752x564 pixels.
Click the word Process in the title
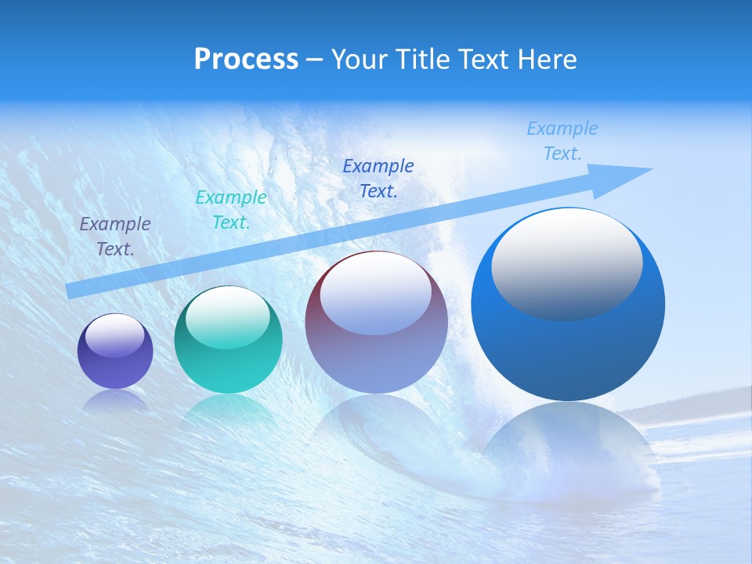[246, 59]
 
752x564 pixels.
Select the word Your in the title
[358, 59]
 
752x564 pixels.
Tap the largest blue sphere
[568, 345]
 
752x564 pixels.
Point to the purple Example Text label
[115, 236]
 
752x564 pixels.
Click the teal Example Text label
[231, 210]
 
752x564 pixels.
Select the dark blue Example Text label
[378, 178]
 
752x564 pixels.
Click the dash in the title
[315, 60]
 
